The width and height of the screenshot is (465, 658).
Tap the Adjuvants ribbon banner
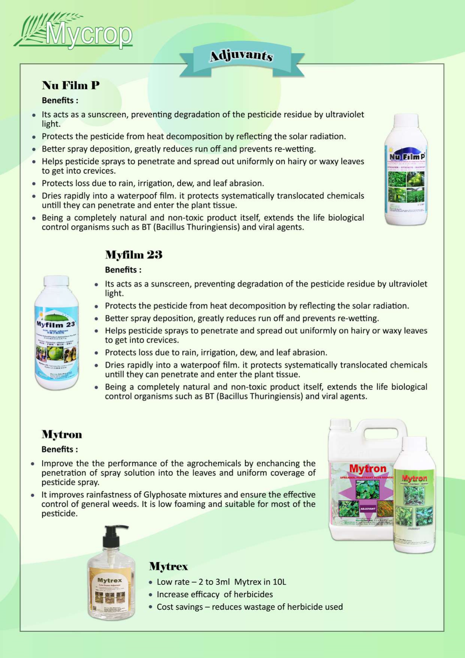click(241, 56)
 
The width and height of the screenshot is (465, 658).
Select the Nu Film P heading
click(70, 85)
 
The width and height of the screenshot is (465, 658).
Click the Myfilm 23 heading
click(133, 255)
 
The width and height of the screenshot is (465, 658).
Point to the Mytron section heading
click(61, 435)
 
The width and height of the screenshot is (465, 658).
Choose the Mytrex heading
click(168, 566)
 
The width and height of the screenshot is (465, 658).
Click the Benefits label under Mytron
click(60, 449)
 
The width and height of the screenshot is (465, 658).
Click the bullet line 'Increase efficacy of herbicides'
click(214, 594)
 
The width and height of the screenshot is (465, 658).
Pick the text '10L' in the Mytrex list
click(279, 582)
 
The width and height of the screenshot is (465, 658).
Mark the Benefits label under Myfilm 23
click(123, 270)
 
